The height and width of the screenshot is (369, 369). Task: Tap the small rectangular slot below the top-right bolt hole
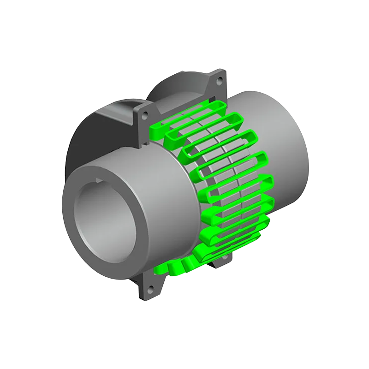pos(212,98)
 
